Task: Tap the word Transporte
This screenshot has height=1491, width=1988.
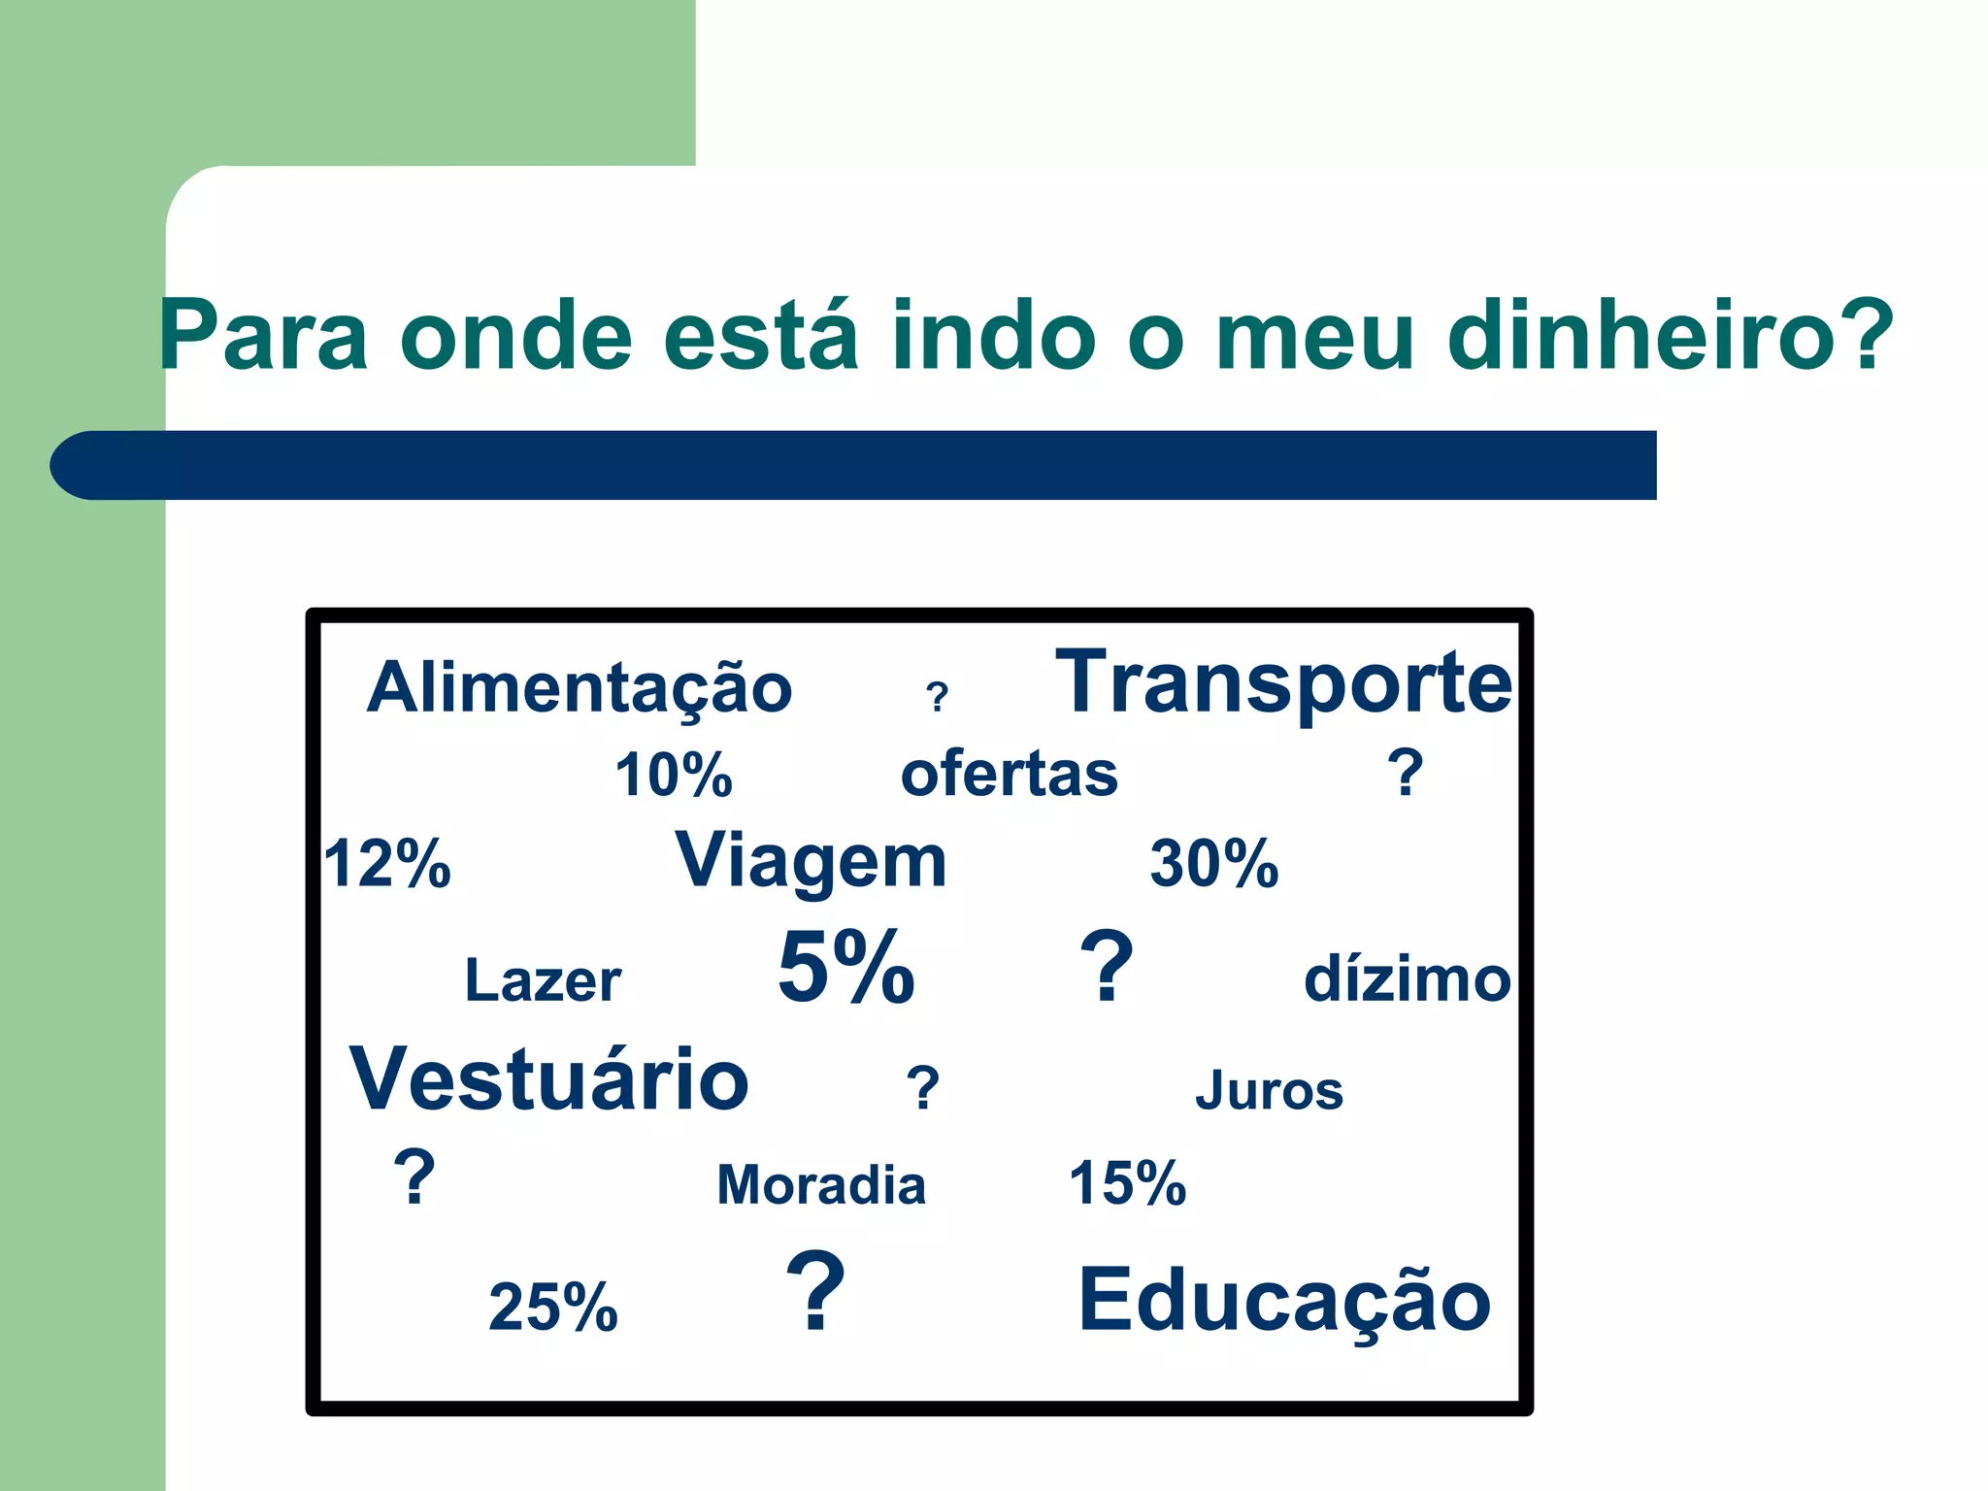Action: tap(1283, 683)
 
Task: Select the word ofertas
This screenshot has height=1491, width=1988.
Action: tap(1010, 775)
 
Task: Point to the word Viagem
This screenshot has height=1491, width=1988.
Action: tap(811, 862)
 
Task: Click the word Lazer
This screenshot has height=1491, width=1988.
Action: tap(543, 980)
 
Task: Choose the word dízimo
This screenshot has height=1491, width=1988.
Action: tap(1407, 978)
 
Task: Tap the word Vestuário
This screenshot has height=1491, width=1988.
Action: tap(549, 1079)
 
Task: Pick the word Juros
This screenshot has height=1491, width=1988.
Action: tap(1269, 1090)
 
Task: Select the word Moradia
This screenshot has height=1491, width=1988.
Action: tap(821, 1185)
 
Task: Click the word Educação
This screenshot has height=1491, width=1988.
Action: tap(1284, 1299)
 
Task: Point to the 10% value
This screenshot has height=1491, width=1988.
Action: tap(674, 776)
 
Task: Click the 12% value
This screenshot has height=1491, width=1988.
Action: tap(387, 864)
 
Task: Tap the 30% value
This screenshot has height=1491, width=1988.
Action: tap(1214, 864)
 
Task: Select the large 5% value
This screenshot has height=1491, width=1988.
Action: tap(846, 967)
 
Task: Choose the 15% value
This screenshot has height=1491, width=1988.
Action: tap(1128, 1183)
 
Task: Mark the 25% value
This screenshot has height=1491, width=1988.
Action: tap(553, 1307)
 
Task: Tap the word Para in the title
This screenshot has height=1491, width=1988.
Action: tap(264, 335)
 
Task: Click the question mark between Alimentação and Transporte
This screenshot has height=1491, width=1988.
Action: tap(937, 697)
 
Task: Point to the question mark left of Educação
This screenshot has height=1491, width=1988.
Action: tap(815, 1291)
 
